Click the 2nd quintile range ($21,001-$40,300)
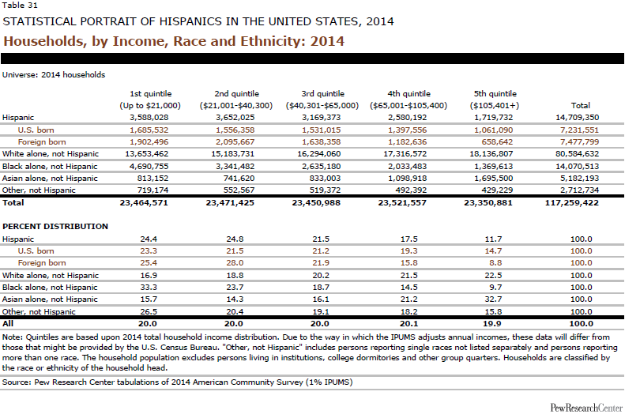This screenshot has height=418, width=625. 244,105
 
